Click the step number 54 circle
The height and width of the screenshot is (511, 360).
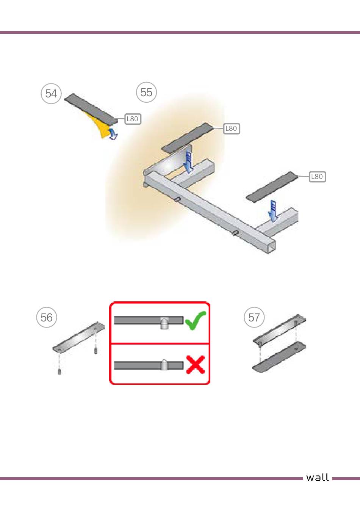[x=51, y=94]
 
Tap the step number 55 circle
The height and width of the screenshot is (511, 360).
[x=146, y=92]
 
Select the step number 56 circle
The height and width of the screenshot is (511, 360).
[x=47, y=317]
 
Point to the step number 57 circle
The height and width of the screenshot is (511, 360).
[x=254, y=317]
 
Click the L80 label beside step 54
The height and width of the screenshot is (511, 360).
[x=133, y=119]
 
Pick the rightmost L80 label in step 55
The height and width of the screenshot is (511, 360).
[x=317, y=177]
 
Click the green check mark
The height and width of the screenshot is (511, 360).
[x=196, y=320]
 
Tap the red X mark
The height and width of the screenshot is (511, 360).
[x=196, y=364]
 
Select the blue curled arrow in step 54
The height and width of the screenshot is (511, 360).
[x=113, y=134]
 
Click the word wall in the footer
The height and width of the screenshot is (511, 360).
[x=317, y=478]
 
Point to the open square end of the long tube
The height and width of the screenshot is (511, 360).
[x=271, y=246]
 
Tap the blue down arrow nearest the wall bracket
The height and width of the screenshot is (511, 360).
[x=189, y=162]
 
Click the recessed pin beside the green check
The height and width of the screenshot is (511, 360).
[x=164, y=323]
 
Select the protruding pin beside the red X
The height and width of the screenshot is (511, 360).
[x=164, y=365]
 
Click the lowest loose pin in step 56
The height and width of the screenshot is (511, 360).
[x=59, y=371]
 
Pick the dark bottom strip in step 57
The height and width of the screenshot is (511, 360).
[x=279, y=357]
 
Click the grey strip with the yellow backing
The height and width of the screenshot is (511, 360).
[x=91, y=109]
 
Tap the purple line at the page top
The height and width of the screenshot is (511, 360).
[x=180, y=32]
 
